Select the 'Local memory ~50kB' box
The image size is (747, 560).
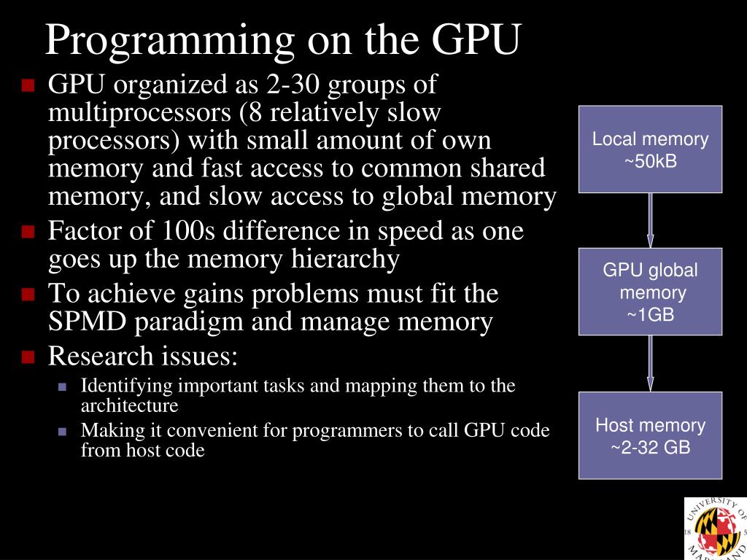[650, 149]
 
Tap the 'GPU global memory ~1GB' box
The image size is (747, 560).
[650, 292]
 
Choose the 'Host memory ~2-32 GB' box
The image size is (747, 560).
[650, 435]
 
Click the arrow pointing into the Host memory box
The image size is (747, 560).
[650, 363]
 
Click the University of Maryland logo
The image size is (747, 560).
[716, 529]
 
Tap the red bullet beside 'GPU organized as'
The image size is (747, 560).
[28, 87]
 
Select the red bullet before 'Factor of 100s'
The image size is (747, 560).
[28, 233]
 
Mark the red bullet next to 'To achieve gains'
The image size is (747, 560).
[28, 295]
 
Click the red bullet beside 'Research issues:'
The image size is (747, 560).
[28, 357]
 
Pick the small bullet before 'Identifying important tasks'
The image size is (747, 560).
[62, 387]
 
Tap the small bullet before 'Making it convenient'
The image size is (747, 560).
[62, 432]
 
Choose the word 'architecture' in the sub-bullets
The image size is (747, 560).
[129, 405]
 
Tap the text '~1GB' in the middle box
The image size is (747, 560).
[650, 315]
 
